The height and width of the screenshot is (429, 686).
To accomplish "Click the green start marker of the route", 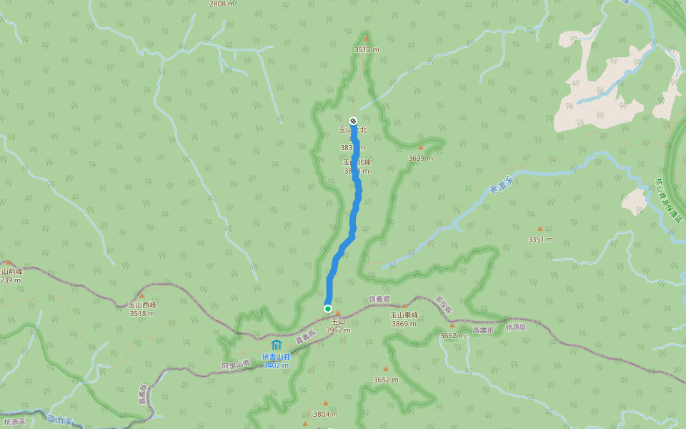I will [x=328, y=309].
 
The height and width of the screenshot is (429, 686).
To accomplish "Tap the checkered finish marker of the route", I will [x=353, y=121].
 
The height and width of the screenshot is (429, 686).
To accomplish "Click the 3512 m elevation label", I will [x=366, y=49].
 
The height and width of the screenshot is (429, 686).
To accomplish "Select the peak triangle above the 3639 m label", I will [x=421, y=147].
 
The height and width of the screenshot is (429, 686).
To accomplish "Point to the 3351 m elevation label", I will [x=540, y=240].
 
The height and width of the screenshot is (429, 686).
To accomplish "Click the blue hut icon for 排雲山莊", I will [x=276, y=345].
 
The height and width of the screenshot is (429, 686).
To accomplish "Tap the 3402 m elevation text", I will [x=276, y=365].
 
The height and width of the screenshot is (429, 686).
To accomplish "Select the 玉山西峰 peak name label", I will [x=142, y=305].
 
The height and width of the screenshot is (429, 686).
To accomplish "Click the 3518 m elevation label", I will [x=142, y=313].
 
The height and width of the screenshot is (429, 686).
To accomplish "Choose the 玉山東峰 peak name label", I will [x=404, y=315].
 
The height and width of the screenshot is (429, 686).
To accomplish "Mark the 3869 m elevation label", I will [x=404, y=324].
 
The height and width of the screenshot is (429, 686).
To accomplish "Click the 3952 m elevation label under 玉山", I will [x=338, y=330].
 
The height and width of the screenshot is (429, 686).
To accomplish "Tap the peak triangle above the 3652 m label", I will [x=386, y=369].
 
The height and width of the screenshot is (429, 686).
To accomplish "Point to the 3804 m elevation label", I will [x=325, y=414].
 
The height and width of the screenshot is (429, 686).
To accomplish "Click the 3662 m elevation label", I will [x=452, y=335].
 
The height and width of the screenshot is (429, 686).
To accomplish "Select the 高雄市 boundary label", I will [x=483, y=330].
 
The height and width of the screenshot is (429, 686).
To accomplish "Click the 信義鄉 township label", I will [x=379, y=299].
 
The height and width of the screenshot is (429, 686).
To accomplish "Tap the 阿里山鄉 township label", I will [x=236, y=364].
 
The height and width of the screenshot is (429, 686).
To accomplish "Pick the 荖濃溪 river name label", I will [x=499, y=187].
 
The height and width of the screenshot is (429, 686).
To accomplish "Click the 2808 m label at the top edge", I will [x=222, y=4].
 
